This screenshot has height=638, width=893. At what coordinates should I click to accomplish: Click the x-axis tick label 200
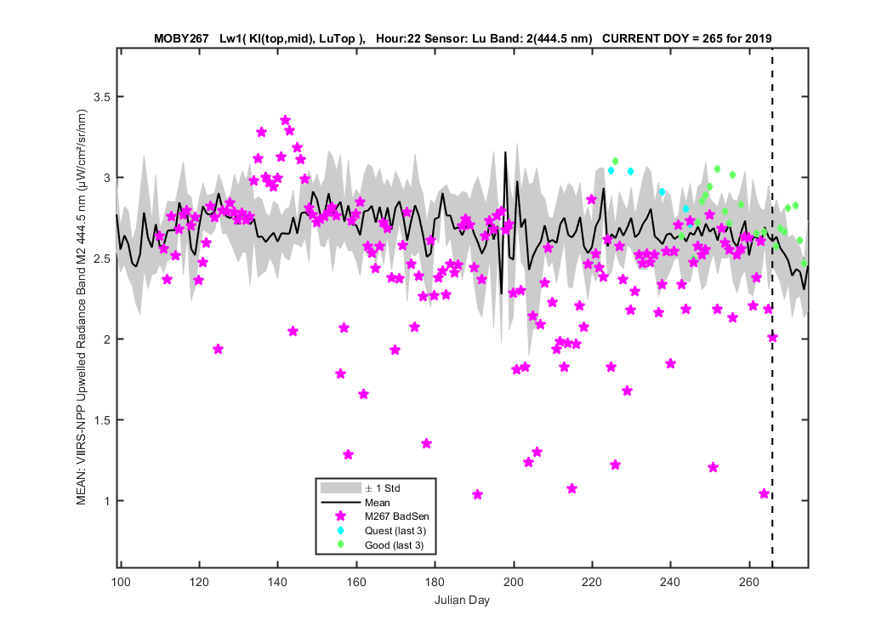[514, 582]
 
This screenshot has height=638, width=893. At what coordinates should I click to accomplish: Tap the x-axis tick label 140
[278, 582]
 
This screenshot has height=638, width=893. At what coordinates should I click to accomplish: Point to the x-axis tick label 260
[749, 582]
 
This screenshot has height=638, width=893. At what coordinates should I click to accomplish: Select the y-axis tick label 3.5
[102, 97]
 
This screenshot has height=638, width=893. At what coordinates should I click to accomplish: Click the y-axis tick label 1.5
[102, 420]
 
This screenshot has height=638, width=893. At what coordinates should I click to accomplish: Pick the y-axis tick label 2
[106, 339]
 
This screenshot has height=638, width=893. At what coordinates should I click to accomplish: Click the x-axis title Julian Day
[462, 601]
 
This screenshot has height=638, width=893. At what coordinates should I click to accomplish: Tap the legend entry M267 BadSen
[397, 516]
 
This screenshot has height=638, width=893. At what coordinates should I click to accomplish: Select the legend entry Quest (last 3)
[395, 531]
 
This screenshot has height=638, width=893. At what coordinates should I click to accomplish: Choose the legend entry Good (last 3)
[394, 545]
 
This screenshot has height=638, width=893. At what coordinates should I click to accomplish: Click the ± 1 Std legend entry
[383, 488]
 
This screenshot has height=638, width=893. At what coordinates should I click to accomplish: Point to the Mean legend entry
[378, 503]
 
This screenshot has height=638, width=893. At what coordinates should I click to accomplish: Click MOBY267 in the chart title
[181, 39]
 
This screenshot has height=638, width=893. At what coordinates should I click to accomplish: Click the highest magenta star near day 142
[285, 120]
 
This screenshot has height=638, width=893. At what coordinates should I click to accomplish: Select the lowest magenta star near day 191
[478, 494]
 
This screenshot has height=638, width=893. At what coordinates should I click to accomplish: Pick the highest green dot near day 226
[615, 162]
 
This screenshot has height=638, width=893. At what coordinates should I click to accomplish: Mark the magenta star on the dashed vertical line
[772, 337]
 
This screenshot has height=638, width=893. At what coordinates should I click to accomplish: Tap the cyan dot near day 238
[662, 192]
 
